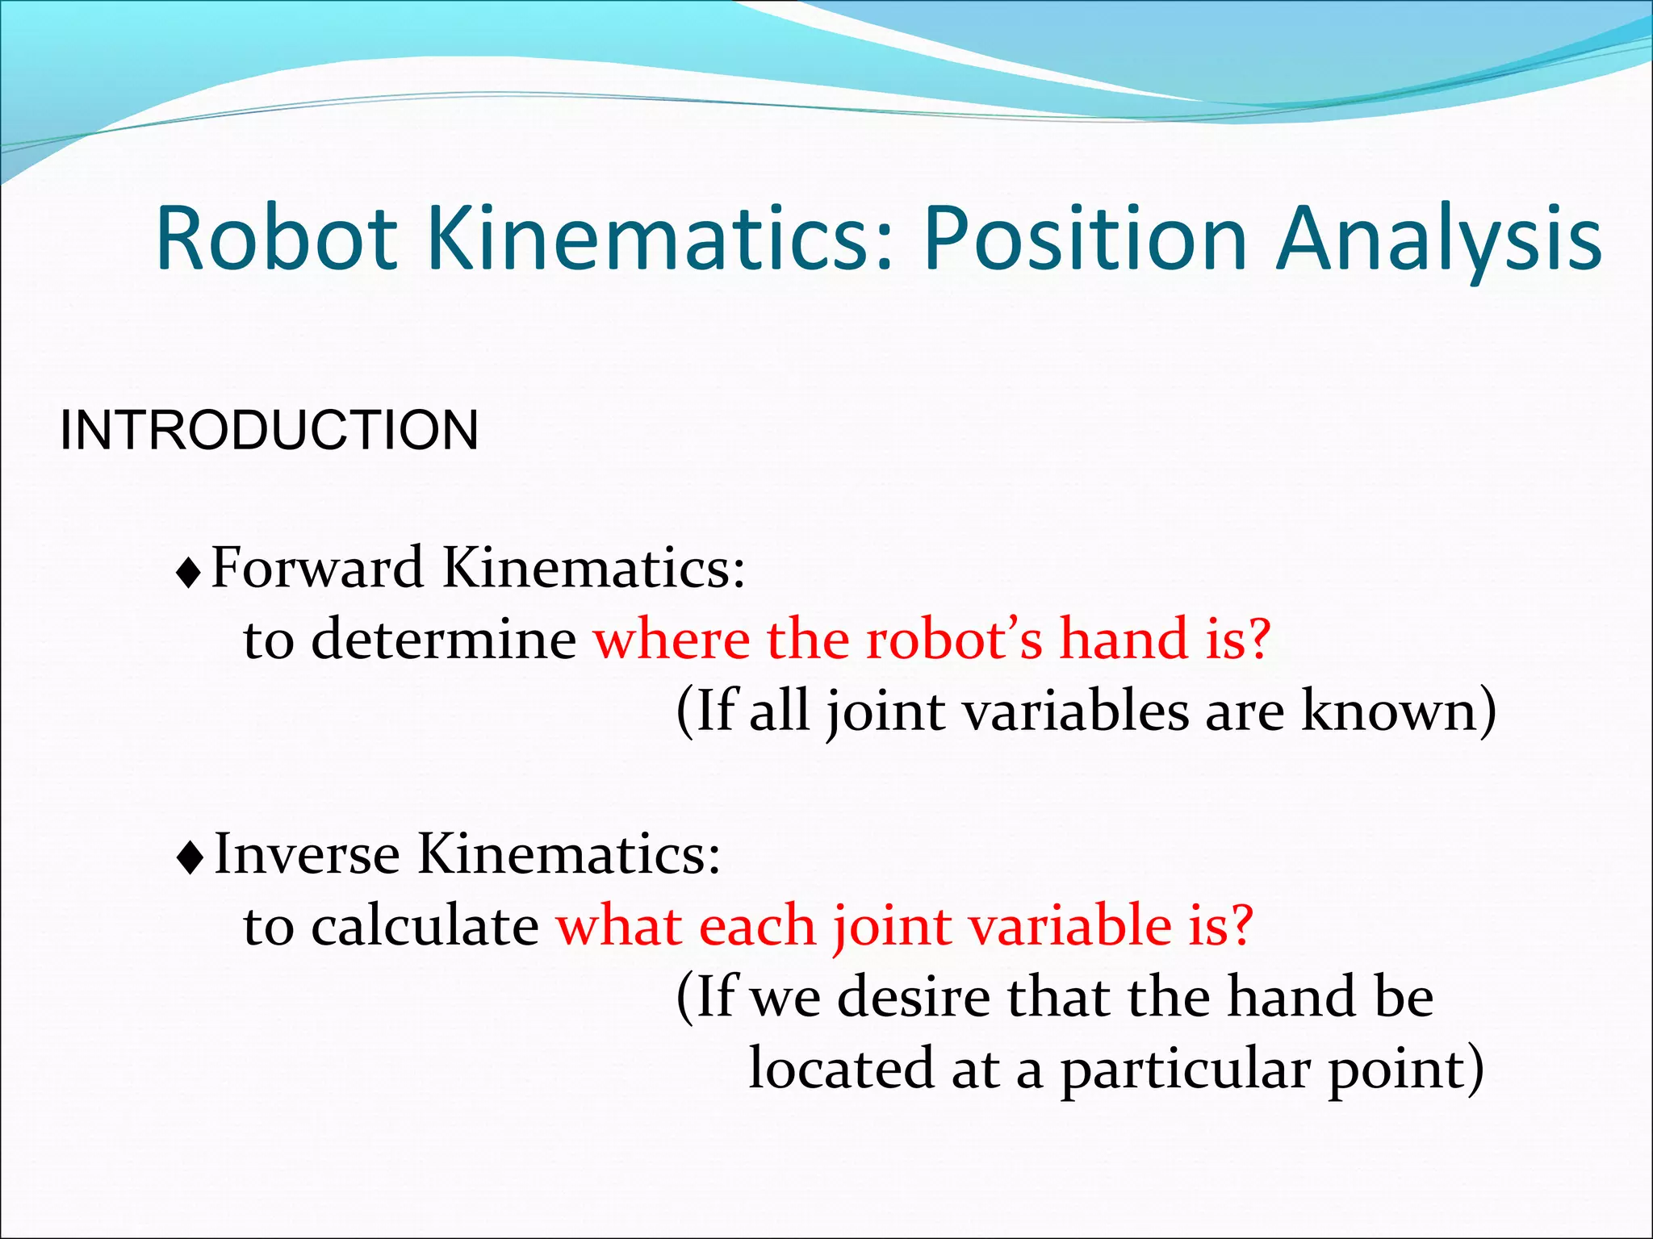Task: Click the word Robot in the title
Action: pyautogui.click(x=276, y=240)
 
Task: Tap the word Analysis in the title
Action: pyautogui.click(x=1438, y=240)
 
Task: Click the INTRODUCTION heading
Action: pyautogui.click(x=269, y=430)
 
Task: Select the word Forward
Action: pyautogui.click(x=317, y=567)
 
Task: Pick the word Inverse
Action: pyautogui.click(x=307, y=853)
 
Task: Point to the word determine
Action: pyautogui.click(x=443, y=639)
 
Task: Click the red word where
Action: pyautogui.click(x=672, y=639)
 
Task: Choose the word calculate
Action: pyautogui.click(x=425, y=925)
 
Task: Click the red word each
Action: pyautogui.click(x=757, y=925)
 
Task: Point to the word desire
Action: pyautogui.click(x=913, y=997)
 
